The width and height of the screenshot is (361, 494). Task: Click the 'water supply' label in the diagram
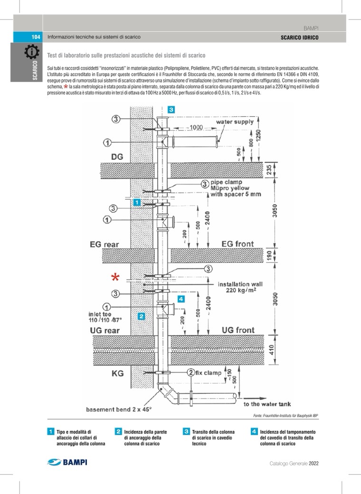[235, 122]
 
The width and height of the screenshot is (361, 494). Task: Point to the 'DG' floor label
[117, 157]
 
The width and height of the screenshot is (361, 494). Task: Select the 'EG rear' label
[104, 245]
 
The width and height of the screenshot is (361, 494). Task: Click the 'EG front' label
[237, 244]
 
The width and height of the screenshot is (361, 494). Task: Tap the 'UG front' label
[238, 330]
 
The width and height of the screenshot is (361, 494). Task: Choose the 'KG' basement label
[117, 373]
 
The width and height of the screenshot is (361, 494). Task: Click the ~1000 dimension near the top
[194, 127]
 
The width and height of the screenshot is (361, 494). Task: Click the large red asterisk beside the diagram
[114, 277]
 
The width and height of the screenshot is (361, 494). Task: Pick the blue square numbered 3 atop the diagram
[171, 110]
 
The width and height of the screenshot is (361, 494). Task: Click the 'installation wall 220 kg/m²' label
[240, 288]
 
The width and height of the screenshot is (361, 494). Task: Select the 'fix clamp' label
[209, 373]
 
